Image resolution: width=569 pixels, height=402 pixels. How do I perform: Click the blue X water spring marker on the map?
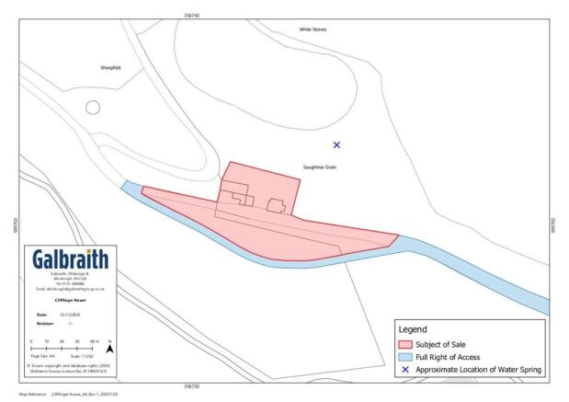(336, 144)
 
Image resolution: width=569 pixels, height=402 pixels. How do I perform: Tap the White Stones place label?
(313, 29)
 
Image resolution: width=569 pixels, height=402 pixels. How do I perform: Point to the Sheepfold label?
(111, 68)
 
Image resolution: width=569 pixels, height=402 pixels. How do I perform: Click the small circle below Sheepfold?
(92, 107)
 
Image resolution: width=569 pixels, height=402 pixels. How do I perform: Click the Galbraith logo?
(70, 258)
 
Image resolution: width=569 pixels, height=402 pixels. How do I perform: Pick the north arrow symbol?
(109, 349)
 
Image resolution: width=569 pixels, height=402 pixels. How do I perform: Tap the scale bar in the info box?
(63, 349)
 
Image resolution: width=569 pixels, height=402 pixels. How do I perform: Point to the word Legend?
(413, 328)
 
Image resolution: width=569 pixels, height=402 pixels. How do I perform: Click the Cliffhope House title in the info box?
(70, 298)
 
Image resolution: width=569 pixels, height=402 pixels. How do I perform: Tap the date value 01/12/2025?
(71, 315)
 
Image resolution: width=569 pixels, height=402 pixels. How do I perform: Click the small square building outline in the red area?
(275, 205)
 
